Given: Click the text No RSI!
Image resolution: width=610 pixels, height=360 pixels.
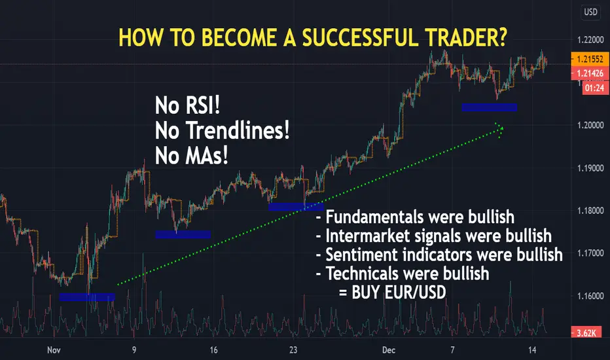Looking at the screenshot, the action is coord(187,105).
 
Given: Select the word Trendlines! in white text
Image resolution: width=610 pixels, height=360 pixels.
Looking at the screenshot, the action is coord(238,130).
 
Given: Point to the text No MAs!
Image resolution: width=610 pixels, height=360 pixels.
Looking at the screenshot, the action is coord(191,156).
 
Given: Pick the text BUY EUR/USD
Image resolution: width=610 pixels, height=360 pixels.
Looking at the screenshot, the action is coord(399,293).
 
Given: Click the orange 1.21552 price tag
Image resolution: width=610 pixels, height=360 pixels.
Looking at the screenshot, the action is coord(590,59).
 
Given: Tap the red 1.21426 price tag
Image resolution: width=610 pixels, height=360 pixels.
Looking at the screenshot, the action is coord(590,73).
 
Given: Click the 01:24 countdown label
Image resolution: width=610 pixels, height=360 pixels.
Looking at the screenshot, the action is coord(595,88).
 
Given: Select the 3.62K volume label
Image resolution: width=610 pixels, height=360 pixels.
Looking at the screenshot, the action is coord(586,333).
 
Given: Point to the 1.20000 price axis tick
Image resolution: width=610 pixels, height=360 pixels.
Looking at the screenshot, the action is coord(590,125).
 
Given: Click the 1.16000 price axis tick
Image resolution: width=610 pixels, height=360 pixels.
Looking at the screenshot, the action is coord(590,296).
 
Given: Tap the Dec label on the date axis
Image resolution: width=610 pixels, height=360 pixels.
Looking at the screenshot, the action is coord(389,350).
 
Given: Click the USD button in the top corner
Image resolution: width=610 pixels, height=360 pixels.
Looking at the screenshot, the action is coord(590,12).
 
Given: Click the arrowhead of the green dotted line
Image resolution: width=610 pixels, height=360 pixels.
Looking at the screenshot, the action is coord(500,129).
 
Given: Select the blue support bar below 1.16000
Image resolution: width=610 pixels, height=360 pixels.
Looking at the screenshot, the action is coord(87,297).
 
